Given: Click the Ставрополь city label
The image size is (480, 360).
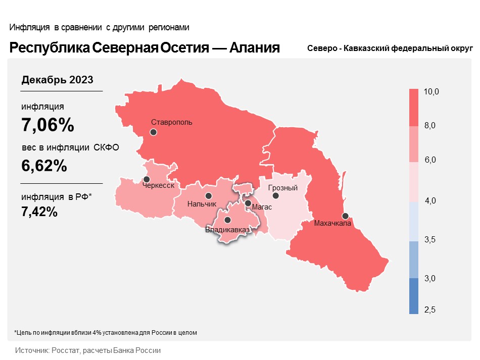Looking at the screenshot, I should click(172, 122).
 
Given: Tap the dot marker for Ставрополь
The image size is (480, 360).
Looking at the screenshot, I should click(153, 132).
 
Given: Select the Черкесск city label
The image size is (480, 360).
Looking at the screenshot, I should click(159, 186).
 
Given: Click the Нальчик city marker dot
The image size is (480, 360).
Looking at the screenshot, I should click(208, 196).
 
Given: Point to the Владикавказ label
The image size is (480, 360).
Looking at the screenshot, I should click(227, 230).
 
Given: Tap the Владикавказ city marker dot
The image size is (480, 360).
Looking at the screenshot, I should click(227, 220).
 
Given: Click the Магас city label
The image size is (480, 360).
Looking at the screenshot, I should click(262, 207).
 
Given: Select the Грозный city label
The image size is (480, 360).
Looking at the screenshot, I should click(283, 188).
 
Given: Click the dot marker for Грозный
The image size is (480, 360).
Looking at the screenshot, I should click(275, 196).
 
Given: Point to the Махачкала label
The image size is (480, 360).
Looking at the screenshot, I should click(332, 223).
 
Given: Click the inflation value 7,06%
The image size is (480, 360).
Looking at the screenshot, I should click(47, 125).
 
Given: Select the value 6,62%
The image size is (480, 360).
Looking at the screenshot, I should click(44, 165).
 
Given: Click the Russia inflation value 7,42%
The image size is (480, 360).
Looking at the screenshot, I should click(39, 212).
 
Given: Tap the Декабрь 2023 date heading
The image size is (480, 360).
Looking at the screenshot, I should click(57, 80).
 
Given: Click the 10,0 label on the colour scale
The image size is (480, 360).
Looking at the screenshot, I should click(431, 92).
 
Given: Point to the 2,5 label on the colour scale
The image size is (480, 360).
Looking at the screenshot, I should click(430, 310).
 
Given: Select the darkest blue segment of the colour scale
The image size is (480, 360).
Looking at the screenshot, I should click(414, 296).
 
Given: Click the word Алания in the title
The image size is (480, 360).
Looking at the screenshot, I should click(255, 48).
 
